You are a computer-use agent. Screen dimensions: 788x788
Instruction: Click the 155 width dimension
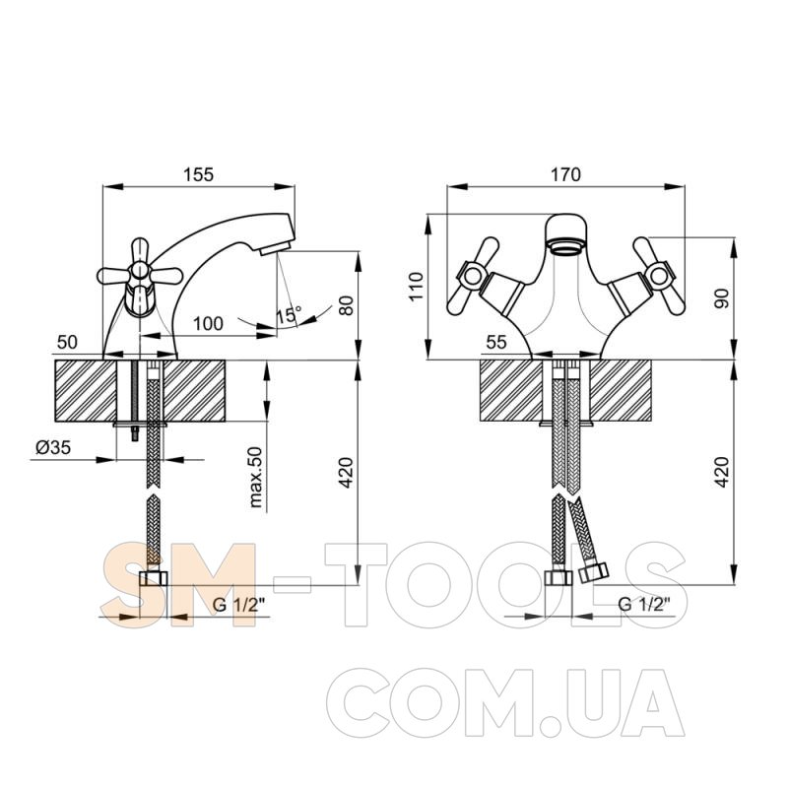click(198, 174)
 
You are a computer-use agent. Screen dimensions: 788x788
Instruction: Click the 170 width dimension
click(565, 174)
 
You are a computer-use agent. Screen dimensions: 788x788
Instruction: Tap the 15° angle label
click(289, 315)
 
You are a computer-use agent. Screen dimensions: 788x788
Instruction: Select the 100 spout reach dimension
click(208, 324)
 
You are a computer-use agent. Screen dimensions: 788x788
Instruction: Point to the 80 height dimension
click(347, 305)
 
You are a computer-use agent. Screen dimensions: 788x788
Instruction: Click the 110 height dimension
click(417, 287)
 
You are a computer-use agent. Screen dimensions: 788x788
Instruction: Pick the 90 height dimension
click(723, 298)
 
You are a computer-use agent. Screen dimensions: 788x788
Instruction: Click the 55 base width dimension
click(496, 342)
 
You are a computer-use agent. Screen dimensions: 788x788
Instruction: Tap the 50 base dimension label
click(67, 342)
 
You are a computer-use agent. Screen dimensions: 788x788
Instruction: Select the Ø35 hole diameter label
click(53, 447)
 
